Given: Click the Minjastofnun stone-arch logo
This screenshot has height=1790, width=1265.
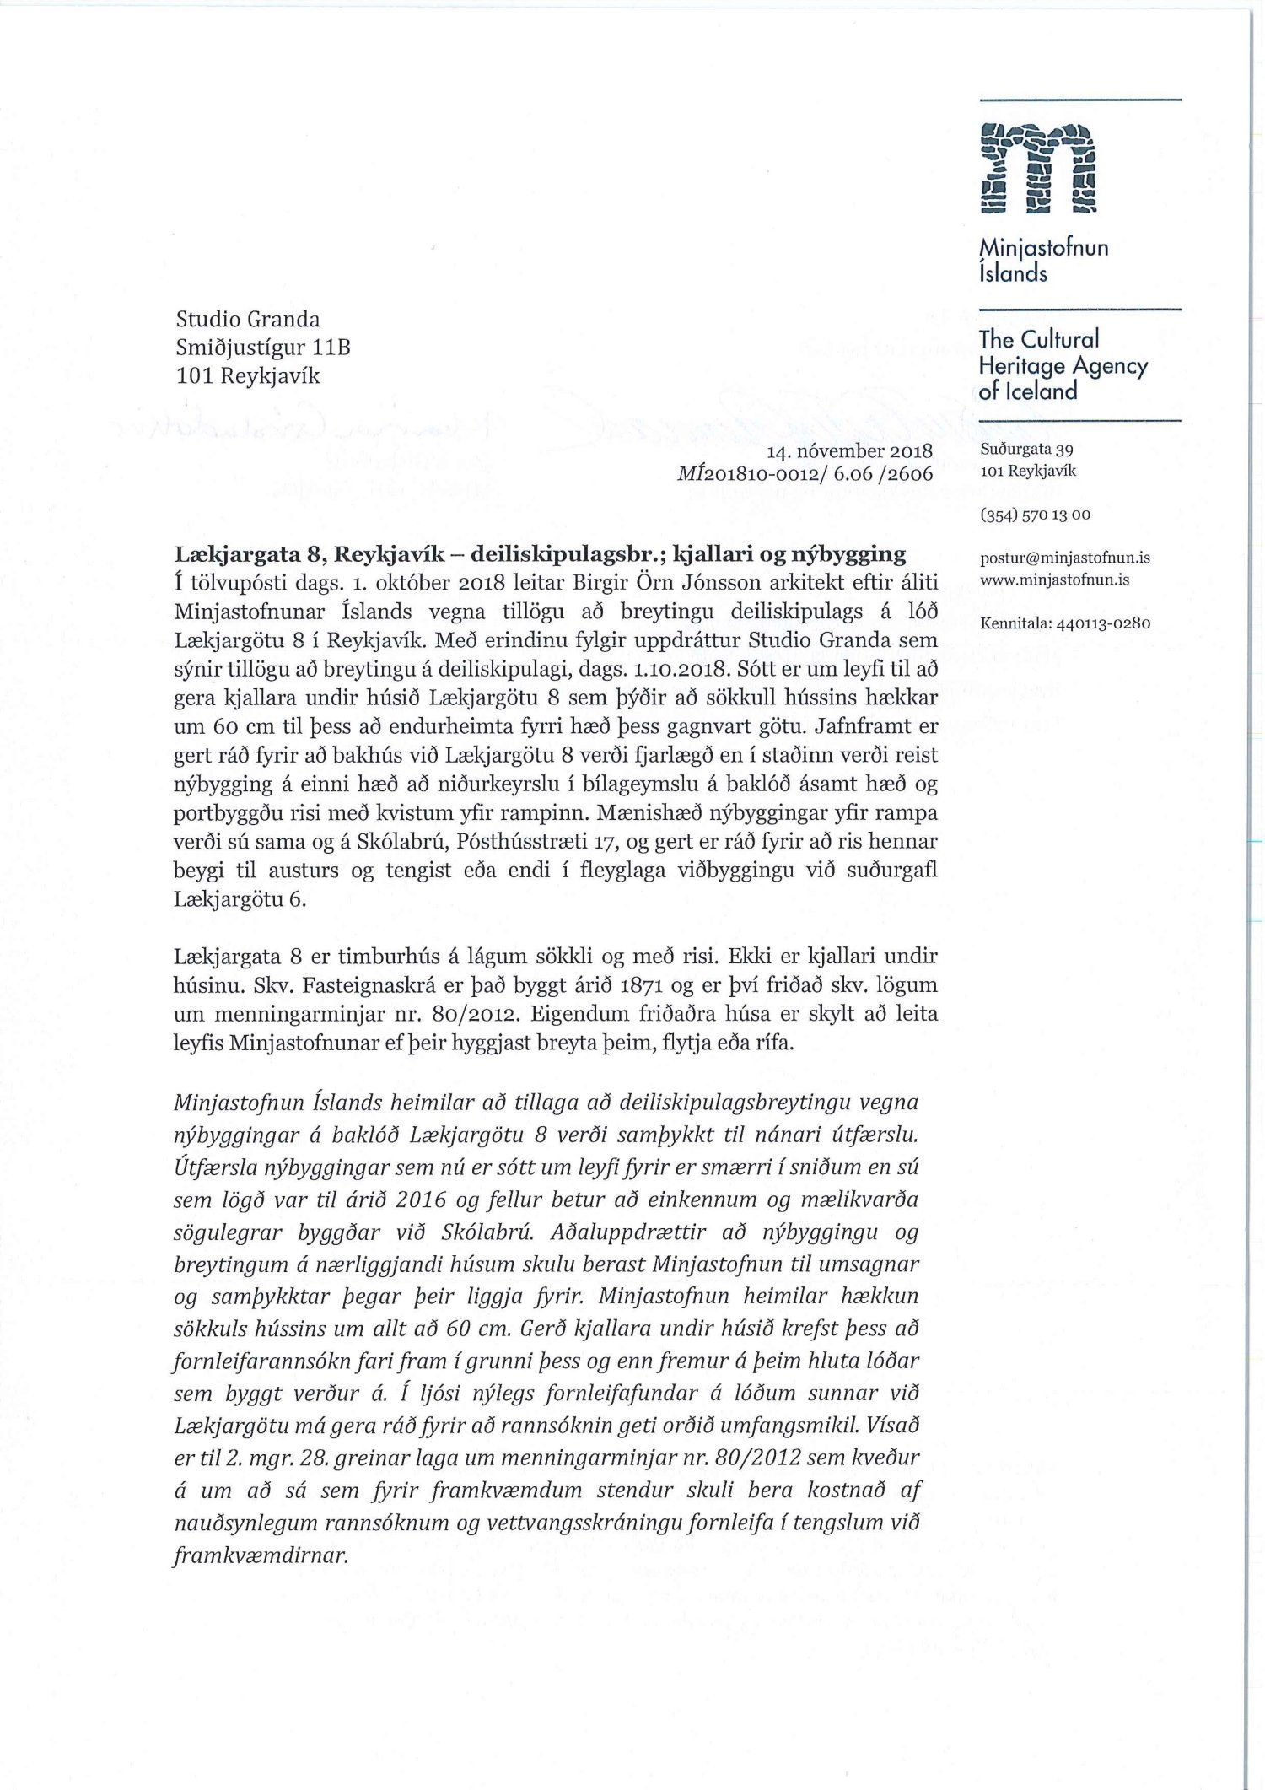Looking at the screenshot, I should coord(1036,169).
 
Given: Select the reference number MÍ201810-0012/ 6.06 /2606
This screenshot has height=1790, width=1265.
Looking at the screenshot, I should coord(805,474).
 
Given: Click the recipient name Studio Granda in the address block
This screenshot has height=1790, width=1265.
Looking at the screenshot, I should coord(248,320).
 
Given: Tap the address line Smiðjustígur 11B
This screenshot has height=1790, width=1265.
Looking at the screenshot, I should coord(262,348).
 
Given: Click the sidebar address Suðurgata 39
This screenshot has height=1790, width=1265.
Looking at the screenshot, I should coord(1026,450).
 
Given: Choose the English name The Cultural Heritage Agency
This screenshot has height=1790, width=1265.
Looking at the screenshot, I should coord(1063,365).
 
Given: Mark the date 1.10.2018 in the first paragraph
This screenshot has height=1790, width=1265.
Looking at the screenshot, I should coord(679,670).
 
